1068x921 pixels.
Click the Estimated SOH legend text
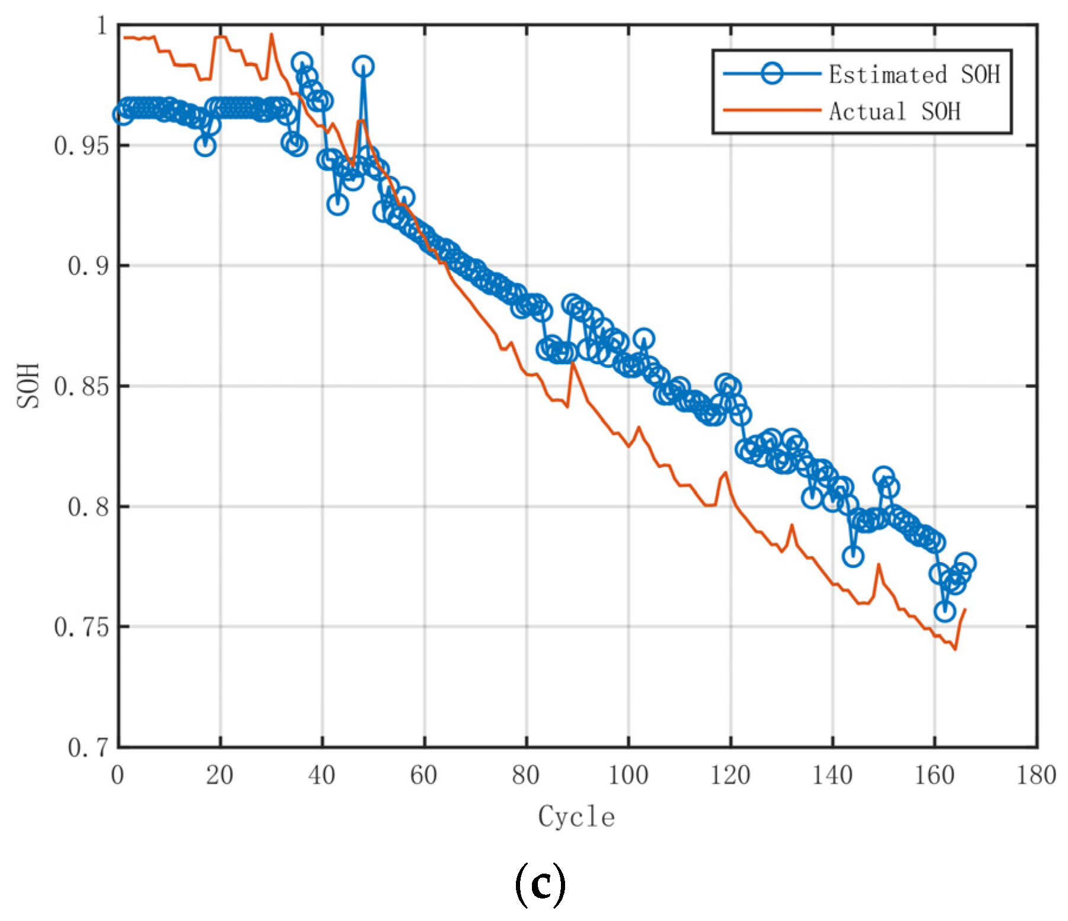point(913,75)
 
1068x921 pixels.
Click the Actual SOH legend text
point(894,111)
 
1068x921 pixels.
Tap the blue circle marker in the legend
point(771,73)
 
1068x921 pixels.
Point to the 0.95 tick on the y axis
point(82,146)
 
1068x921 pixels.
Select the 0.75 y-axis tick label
point(82,627)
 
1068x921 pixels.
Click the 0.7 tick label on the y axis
point(89,747)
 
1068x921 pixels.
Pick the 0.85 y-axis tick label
point(82,386)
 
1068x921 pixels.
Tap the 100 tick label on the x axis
point(628,775)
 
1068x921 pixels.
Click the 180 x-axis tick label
point(1036,775)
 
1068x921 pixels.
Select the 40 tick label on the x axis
point(322,775)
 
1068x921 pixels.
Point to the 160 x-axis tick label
point(934,775)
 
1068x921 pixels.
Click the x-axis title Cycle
point(576,817)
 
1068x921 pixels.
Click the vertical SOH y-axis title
point(28,386)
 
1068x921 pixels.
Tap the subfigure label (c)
point(540,884)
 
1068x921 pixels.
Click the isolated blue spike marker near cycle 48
point(363,66)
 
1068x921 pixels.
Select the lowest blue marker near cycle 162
point(945,611)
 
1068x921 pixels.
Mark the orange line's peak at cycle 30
point(271,34)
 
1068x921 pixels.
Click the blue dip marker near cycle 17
point(205,146)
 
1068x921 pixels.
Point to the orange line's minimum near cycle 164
point(955,649)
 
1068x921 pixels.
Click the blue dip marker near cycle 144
point(852,556)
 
